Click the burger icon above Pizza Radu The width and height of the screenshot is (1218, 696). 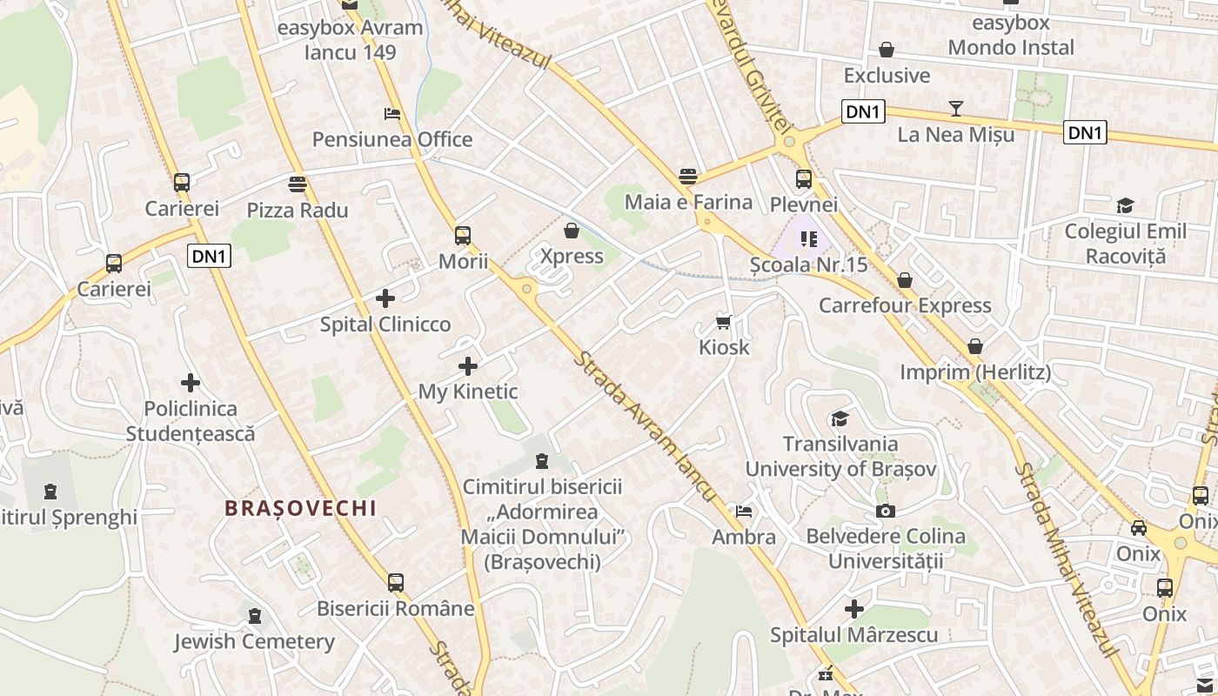(x=298, y=184)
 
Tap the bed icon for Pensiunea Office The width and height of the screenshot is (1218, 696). (x=392, y=114)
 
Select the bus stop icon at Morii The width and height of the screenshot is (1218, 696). (x=463, y=235)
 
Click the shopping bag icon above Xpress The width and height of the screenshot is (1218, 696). (x=572, y=231)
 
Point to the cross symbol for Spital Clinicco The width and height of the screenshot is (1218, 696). (x=385, y=299)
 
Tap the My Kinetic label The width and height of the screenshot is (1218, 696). (x=468, y=391)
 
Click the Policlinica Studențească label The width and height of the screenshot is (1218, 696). (x=191, y=421)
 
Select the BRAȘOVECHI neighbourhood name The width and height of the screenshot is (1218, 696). (x=300, y=508)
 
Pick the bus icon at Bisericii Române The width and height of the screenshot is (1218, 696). (x=396, y=583)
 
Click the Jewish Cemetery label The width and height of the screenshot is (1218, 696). (x=254, y=642)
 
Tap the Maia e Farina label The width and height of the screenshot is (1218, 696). (x=689, y=203)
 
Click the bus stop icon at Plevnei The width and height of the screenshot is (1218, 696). (x=804, y=179)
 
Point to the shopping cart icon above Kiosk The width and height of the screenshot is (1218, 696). (x=723, y=323)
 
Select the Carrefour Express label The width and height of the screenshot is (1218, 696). (x=905, y=305)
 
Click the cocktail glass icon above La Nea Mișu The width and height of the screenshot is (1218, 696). (x=956, y=109)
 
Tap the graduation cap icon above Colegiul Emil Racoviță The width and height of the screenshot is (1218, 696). (x=1125, y=206)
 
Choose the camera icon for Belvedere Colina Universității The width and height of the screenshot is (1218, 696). (x=886, y=511)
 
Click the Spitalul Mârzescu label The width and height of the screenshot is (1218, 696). (x=853, y=635)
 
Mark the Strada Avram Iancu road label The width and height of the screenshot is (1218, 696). (x=645, y=426)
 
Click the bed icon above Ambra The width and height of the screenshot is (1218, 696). (x=744, y=512)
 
